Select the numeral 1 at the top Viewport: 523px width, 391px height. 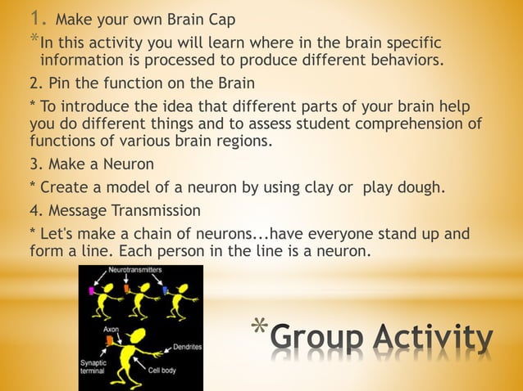click(37, 17)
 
